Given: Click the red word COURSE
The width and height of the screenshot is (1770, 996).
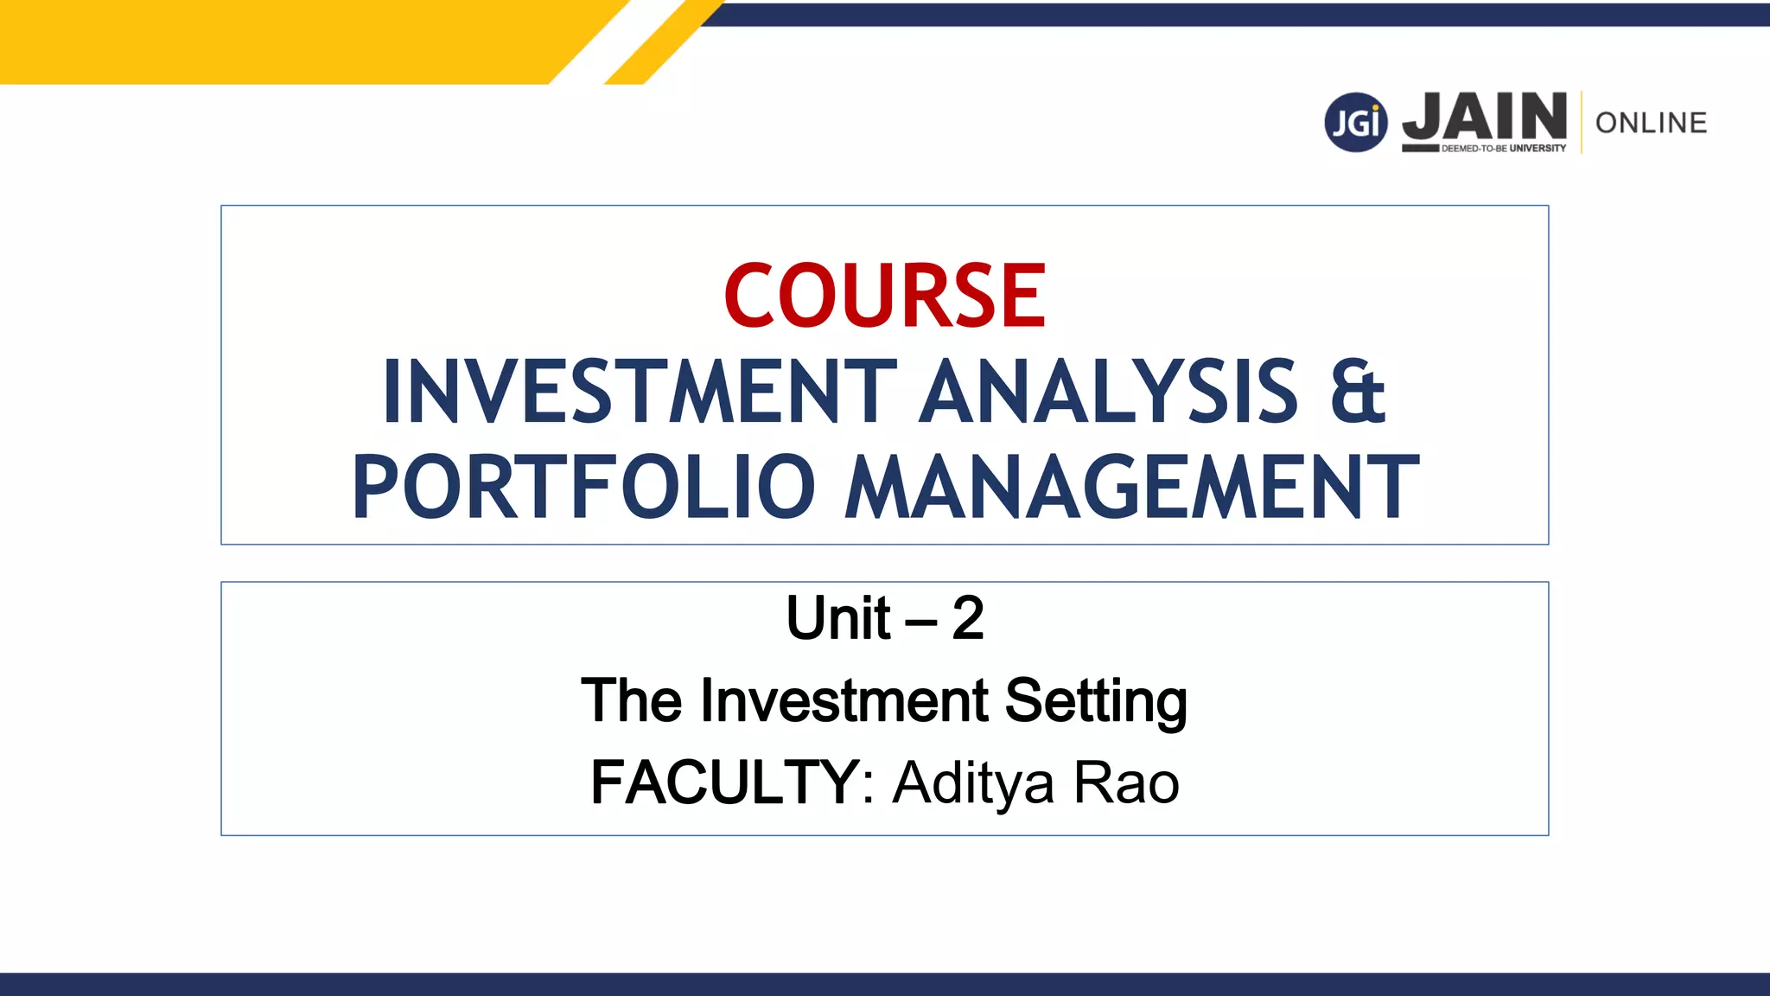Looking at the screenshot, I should (x=885, y=296).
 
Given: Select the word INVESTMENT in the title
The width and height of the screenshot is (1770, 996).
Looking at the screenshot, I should (x=640, y=393).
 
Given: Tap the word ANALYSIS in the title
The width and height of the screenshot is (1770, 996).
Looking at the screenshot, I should (x=1108, y=393).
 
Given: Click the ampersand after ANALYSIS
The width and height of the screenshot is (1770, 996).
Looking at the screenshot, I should (x=1357, y=393).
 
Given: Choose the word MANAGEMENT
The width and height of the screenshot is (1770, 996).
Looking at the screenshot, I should (x=1132, y=488).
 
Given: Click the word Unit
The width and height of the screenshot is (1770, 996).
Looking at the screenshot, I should (x=838, y=619).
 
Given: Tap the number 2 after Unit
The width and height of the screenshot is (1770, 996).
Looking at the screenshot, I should (x=968, y=619).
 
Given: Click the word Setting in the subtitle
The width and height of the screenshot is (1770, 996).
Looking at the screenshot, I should (x=1096, y=700).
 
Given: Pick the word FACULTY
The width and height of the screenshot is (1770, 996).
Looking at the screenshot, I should (x=724, y=782).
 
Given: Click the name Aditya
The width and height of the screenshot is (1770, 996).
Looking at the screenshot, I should (x=973, y=782).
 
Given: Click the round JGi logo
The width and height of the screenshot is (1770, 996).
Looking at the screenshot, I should (x=1355, y=123).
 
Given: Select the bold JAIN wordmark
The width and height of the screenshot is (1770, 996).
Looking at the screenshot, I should (x=1484, y=117).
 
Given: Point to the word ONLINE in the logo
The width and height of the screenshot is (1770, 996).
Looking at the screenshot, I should (x=1651, y=123).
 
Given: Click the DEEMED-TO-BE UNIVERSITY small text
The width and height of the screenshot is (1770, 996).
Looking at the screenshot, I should (x=1504, y=149).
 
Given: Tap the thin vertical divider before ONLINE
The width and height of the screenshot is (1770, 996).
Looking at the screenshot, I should (x=1582, y=123).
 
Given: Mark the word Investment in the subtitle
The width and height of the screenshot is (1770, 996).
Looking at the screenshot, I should (x=844, y=700).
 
